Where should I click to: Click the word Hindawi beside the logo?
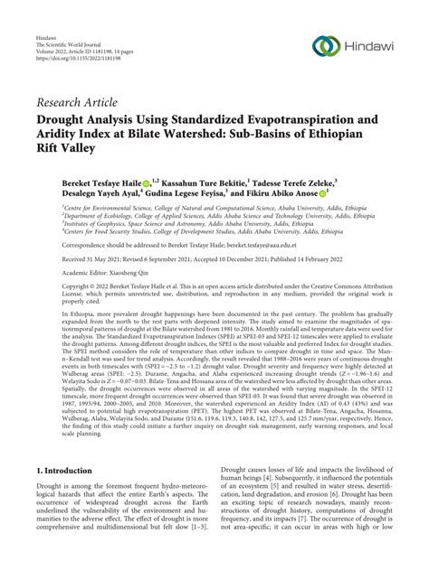point(369,46)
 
